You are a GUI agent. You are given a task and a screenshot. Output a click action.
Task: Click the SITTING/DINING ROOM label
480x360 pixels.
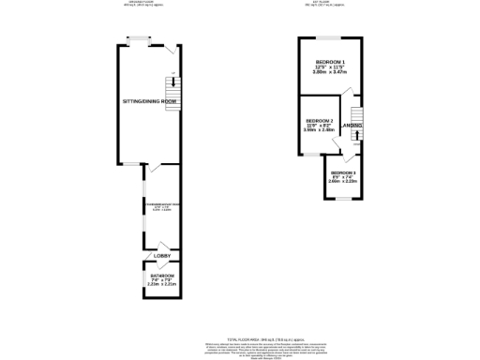pyautogui.click(x=150, y=100)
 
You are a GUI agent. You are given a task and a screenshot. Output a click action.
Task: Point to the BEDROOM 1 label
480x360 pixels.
pyautogui.click(x=329, y=61)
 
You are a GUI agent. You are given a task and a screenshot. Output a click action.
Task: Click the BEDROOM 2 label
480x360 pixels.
pyautogui.click(x=319, y=121)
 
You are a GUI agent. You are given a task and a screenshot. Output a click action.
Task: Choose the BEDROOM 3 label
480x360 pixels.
pyautogui.click(x=343, y=173)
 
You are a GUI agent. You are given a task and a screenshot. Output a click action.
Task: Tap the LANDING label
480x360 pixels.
pyautogui.click(x=352, y=125)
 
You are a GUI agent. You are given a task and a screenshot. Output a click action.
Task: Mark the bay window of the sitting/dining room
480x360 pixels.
pyautogui.click(x=139, y=38)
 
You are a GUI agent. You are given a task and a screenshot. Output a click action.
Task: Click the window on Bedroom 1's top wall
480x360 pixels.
pyautogui.click(x=329, y=37)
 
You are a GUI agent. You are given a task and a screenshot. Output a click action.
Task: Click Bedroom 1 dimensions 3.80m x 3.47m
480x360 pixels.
pyautogui.click(x=329, y=72)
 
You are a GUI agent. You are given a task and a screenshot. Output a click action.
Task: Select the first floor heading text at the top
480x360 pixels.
pyautogui.click(x=322, y=3)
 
